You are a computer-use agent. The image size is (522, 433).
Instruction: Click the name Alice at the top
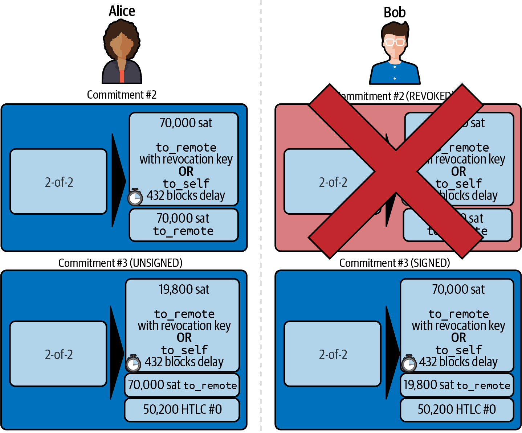122,11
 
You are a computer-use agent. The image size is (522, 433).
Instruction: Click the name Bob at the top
395,13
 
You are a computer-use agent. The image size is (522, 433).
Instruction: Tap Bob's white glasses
395,42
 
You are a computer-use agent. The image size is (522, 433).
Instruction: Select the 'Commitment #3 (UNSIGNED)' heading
120,263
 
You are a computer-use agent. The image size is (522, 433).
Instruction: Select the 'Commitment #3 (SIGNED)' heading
395,263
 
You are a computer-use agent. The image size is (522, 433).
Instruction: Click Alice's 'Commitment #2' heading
122,95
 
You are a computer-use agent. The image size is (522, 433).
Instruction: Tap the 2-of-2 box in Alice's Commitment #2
58,182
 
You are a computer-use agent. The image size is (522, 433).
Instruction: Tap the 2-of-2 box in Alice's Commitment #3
58,354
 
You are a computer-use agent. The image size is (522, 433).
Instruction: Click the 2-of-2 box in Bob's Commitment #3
333,354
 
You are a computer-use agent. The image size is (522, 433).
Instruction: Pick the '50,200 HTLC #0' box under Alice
182,409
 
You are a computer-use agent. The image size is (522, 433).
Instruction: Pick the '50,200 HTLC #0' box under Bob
457,409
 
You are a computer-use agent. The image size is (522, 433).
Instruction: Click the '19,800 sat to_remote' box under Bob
457,385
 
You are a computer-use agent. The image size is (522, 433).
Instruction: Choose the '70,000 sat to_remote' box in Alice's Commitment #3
182,385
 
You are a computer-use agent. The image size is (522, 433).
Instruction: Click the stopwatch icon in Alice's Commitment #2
135,197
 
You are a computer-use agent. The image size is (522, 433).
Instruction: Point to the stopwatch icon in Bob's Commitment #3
409,363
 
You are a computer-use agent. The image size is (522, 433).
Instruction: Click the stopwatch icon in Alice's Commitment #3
133,363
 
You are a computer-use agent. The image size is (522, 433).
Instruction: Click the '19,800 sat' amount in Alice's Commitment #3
184,289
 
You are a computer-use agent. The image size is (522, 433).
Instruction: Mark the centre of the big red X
396,172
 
